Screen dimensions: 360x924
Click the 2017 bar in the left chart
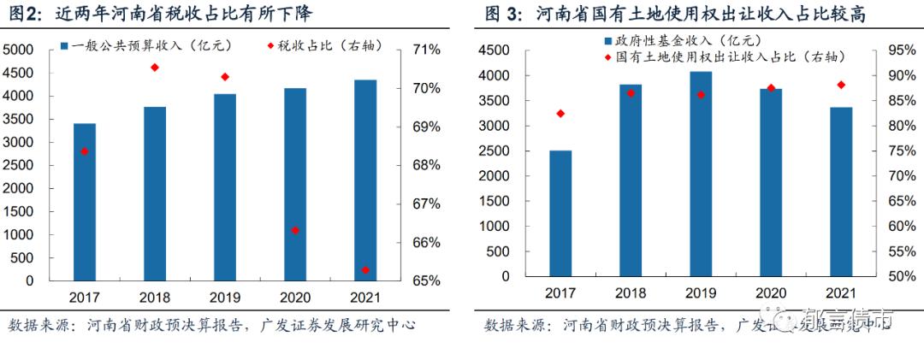point(85,202)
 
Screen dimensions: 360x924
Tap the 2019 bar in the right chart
point(702,176)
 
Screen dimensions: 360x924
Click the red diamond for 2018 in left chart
point(155,67)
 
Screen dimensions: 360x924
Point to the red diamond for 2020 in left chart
point(295,230)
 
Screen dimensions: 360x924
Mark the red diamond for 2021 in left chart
point(365,269)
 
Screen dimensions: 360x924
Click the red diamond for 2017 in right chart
point(560,113)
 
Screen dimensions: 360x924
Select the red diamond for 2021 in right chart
point(841,85)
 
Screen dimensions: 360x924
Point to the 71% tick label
point(426,50)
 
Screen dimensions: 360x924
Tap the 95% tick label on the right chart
point(901,50)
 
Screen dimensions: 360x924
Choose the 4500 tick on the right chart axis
point(495,50)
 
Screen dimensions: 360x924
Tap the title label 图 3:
point(503,14)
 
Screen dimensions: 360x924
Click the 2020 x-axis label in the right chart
point(771,292)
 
